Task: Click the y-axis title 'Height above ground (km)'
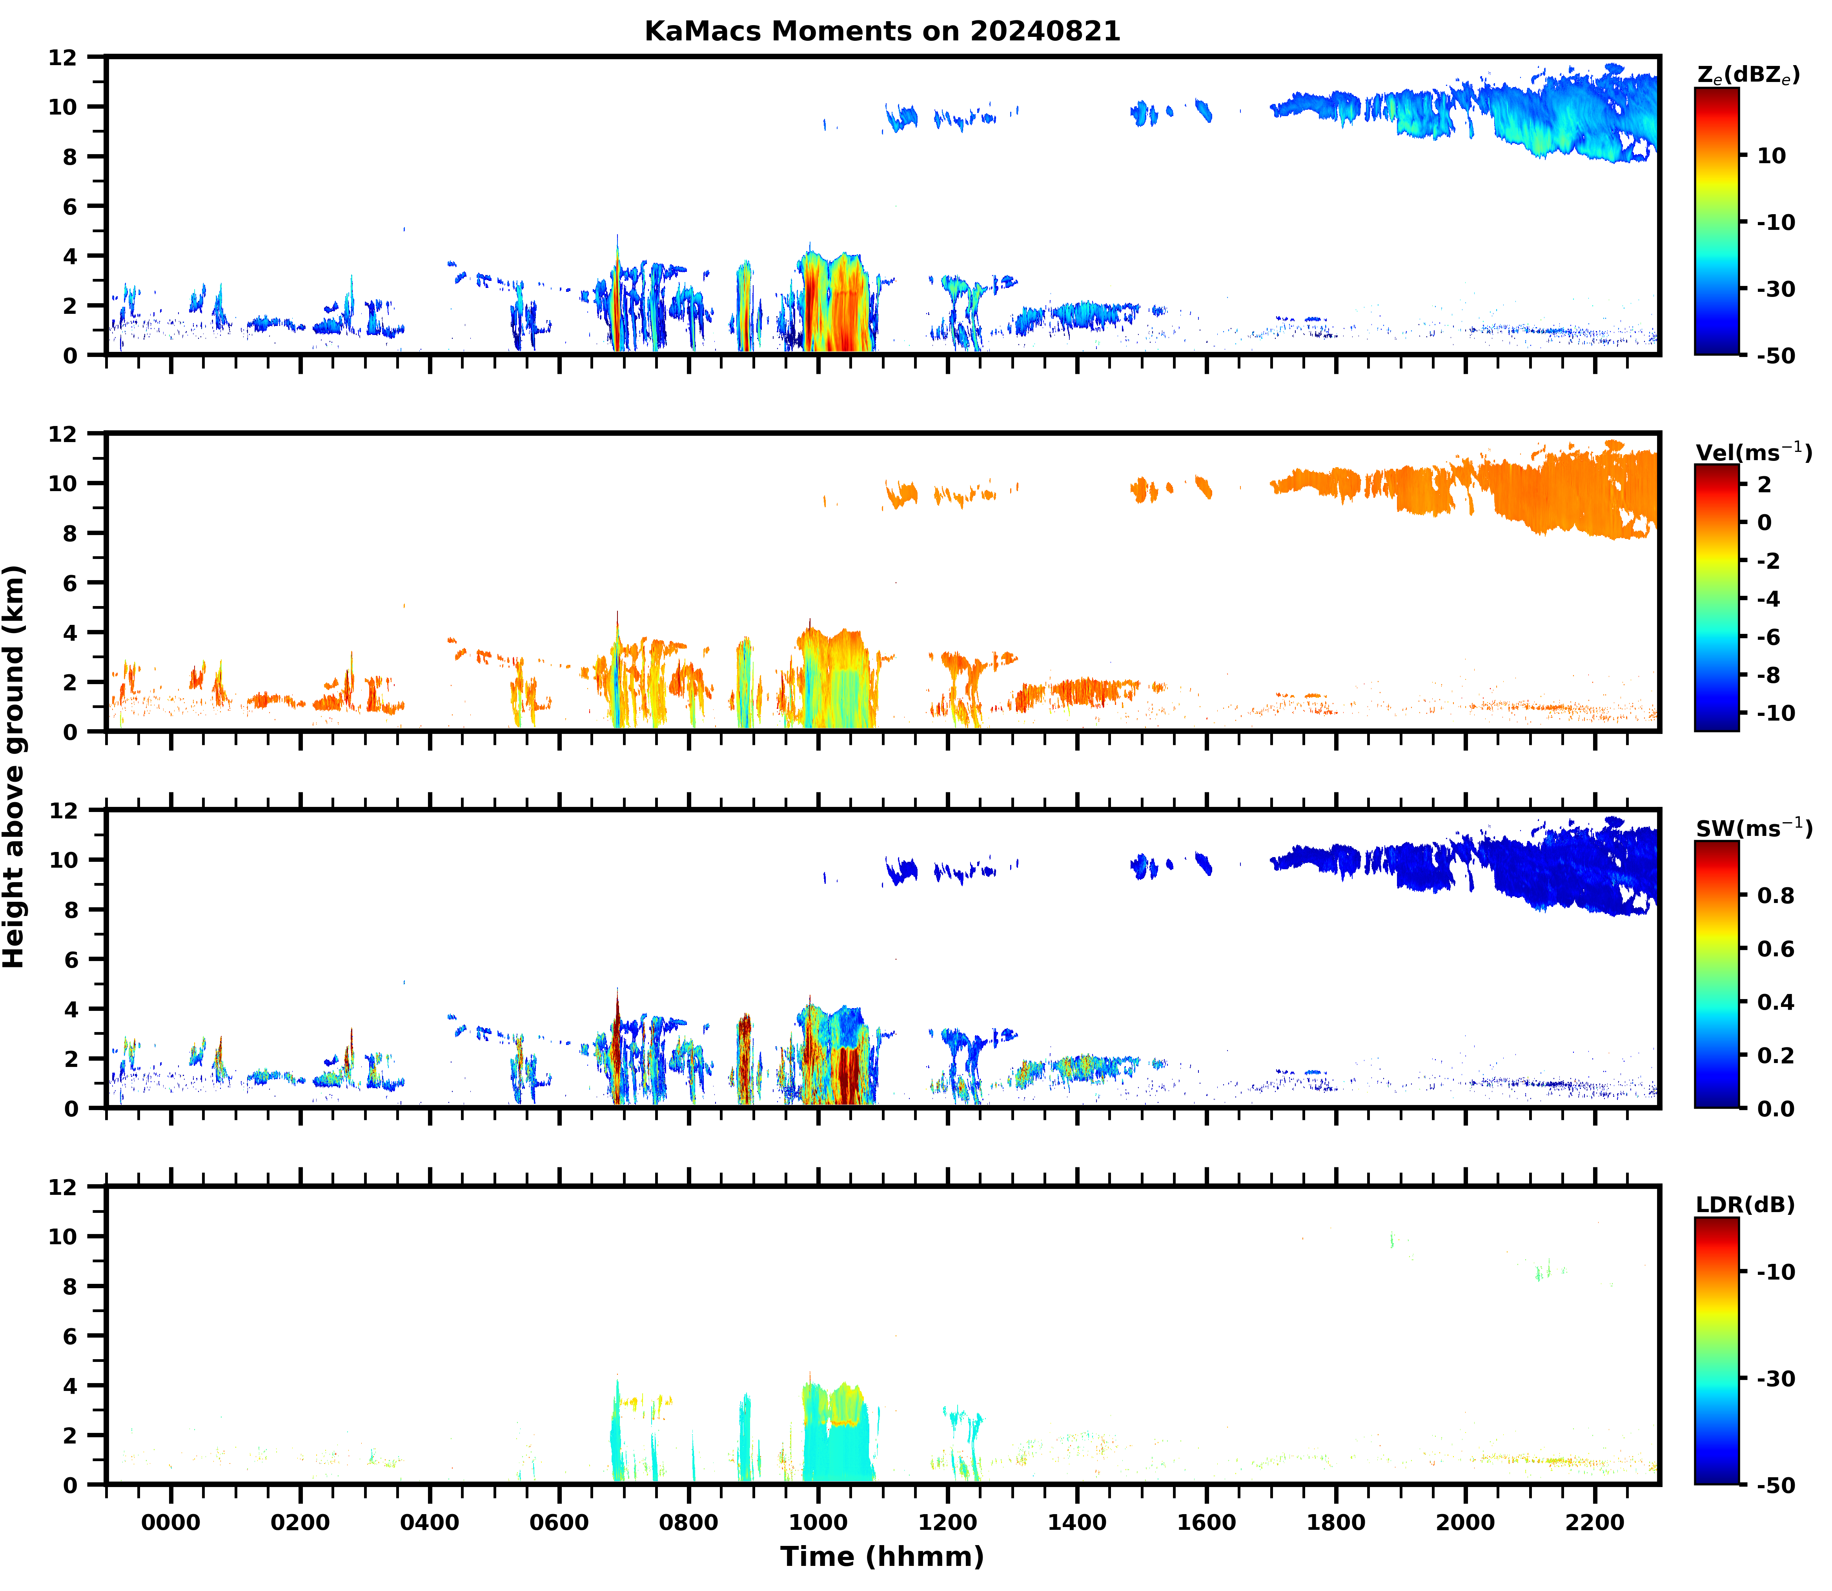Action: click(14, 766)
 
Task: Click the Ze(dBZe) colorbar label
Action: click(1748, 75)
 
